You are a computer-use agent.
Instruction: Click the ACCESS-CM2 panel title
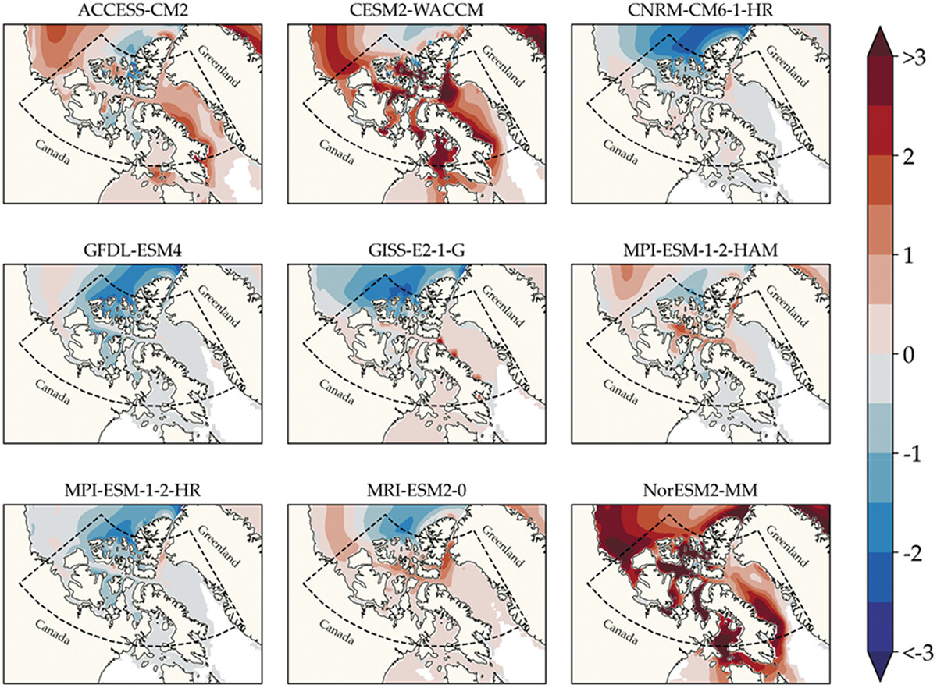133,10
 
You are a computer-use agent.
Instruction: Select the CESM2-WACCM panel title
417,10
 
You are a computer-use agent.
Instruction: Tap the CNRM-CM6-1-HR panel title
700,10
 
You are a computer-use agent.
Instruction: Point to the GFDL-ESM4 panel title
133,250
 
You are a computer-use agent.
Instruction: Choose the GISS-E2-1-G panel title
417,250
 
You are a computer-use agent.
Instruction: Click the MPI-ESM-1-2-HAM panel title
700,250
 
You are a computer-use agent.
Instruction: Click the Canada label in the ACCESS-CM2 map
53,152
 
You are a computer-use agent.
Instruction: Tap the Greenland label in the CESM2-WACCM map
502,66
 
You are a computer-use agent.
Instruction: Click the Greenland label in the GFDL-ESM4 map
219,306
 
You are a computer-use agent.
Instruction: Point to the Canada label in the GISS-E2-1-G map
337,392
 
